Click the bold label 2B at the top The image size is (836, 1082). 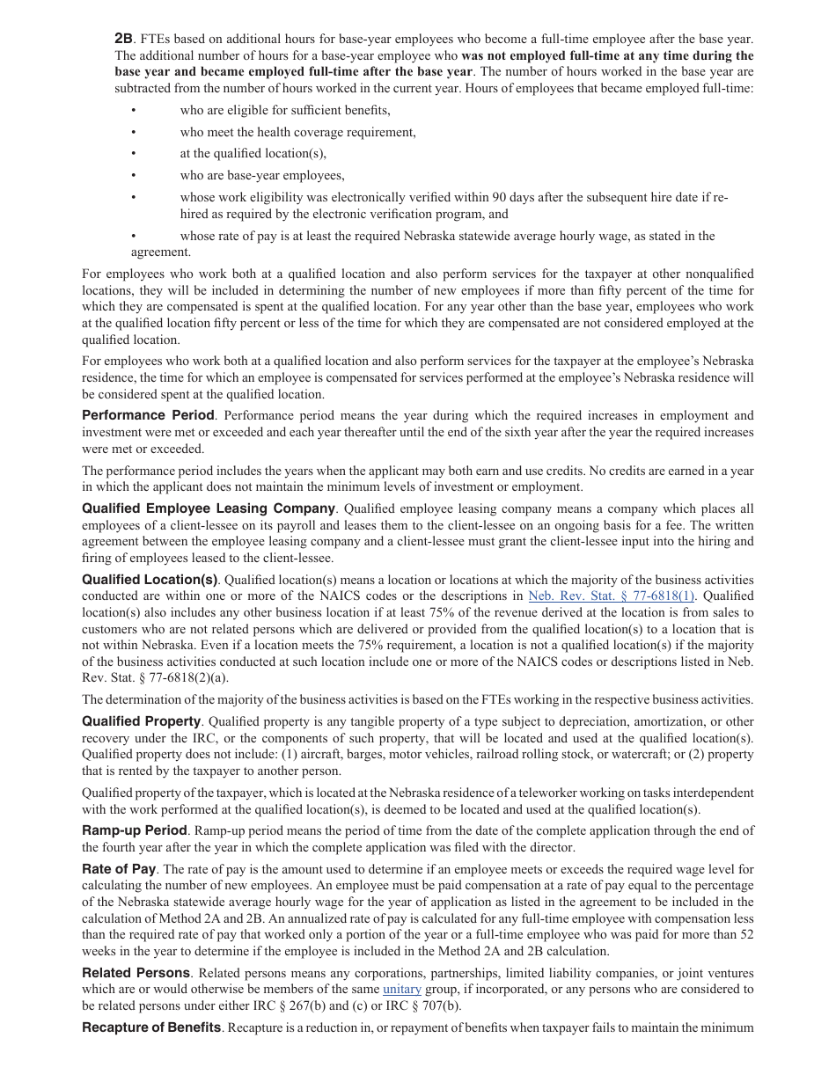[123, 39]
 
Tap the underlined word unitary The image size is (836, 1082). [402, 989]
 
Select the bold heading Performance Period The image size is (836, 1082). [148, 415]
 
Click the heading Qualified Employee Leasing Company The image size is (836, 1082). [209, 508]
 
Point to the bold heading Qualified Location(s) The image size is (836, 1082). [150, 580]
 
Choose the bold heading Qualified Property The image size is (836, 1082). [142, 721]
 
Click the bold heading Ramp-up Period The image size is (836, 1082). [135, 830]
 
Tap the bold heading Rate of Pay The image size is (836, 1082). [119, 869]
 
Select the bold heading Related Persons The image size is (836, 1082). [136, 973]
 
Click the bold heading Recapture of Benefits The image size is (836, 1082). [151, 1027]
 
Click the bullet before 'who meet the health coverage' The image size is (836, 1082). [134, 132]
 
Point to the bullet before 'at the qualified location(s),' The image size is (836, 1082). [134, 153]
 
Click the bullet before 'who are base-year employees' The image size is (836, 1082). [134, 175]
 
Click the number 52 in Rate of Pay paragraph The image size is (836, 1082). [746, 935]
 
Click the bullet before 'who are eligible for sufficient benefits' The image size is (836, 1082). [134, 110]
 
